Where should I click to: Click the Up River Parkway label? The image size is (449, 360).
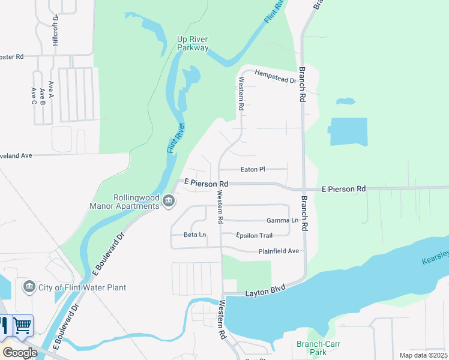point(193,44)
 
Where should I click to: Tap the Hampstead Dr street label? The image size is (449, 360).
point(276,76)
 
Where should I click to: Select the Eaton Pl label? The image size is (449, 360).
point(253,170)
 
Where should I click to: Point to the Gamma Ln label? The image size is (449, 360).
point(282,221)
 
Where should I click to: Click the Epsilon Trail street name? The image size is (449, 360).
point(254,235)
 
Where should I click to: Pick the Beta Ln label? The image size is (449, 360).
point(194,235)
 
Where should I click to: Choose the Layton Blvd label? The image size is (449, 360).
point(264,293)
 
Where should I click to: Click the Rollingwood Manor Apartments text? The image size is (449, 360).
point(137,202)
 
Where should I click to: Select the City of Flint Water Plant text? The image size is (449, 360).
point(82,287)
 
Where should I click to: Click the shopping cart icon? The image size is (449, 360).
point(23,326)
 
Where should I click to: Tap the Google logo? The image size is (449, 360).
point(20,353)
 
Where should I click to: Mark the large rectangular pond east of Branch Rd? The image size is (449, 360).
point(348,131)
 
